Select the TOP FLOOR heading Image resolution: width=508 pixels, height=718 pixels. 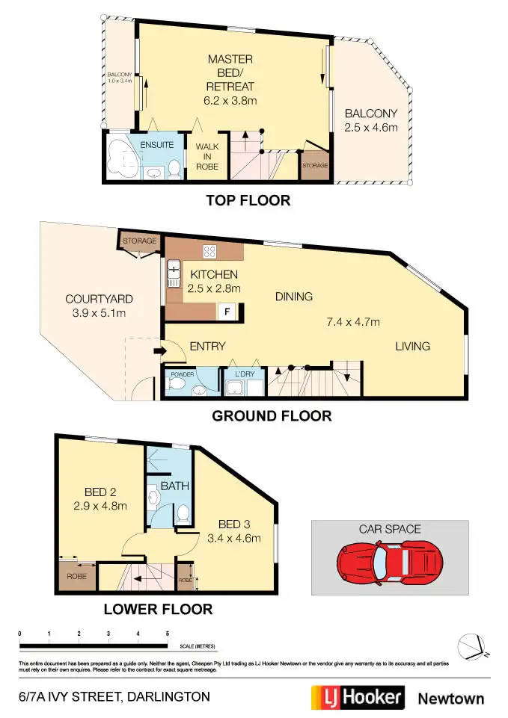pos(248,200)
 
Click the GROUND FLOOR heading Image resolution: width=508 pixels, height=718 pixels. pos(272,416)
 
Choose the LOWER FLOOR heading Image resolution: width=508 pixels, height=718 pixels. pos(158,609)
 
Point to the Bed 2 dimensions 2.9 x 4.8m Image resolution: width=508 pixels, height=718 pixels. pos(100,506)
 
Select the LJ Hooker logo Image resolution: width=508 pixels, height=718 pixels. pos(358,698)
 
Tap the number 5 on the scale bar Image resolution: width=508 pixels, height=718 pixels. pos(168,634)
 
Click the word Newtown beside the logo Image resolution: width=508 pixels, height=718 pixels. pos(450,699)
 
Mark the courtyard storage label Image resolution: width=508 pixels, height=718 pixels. pos(140,241)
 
